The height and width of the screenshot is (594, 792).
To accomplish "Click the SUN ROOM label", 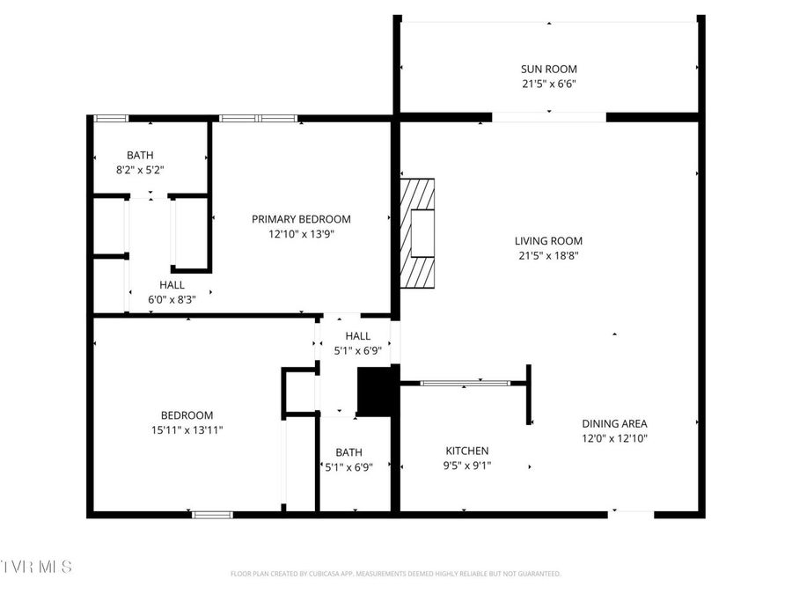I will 549,69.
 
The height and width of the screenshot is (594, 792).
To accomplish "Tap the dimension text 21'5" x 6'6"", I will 549,84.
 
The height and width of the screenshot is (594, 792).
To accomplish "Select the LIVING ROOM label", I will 548,241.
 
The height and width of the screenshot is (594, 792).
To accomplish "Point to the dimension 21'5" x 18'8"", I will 548,256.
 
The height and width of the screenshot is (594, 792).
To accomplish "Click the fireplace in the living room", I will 418,232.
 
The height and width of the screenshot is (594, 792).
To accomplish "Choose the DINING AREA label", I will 614,423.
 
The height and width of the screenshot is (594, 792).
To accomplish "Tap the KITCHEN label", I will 466,451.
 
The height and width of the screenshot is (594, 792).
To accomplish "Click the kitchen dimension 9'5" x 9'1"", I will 466,466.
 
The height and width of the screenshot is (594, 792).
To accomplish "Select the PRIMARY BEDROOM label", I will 301,219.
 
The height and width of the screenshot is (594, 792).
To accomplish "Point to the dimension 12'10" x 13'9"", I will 301,234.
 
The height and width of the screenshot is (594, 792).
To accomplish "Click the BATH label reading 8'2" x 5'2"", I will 140,155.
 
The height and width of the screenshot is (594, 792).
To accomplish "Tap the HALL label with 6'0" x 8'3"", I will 172,285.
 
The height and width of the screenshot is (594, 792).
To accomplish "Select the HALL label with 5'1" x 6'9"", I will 357,336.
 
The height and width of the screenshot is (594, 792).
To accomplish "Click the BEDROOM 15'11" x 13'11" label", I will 187,415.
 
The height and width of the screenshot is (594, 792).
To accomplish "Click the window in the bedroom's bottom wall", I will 212,515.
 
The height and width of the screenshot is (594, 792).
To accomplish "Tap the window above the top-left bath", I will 111,118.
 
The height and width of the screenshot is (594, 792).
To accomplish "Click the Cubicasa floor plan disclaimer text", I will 395,574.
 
